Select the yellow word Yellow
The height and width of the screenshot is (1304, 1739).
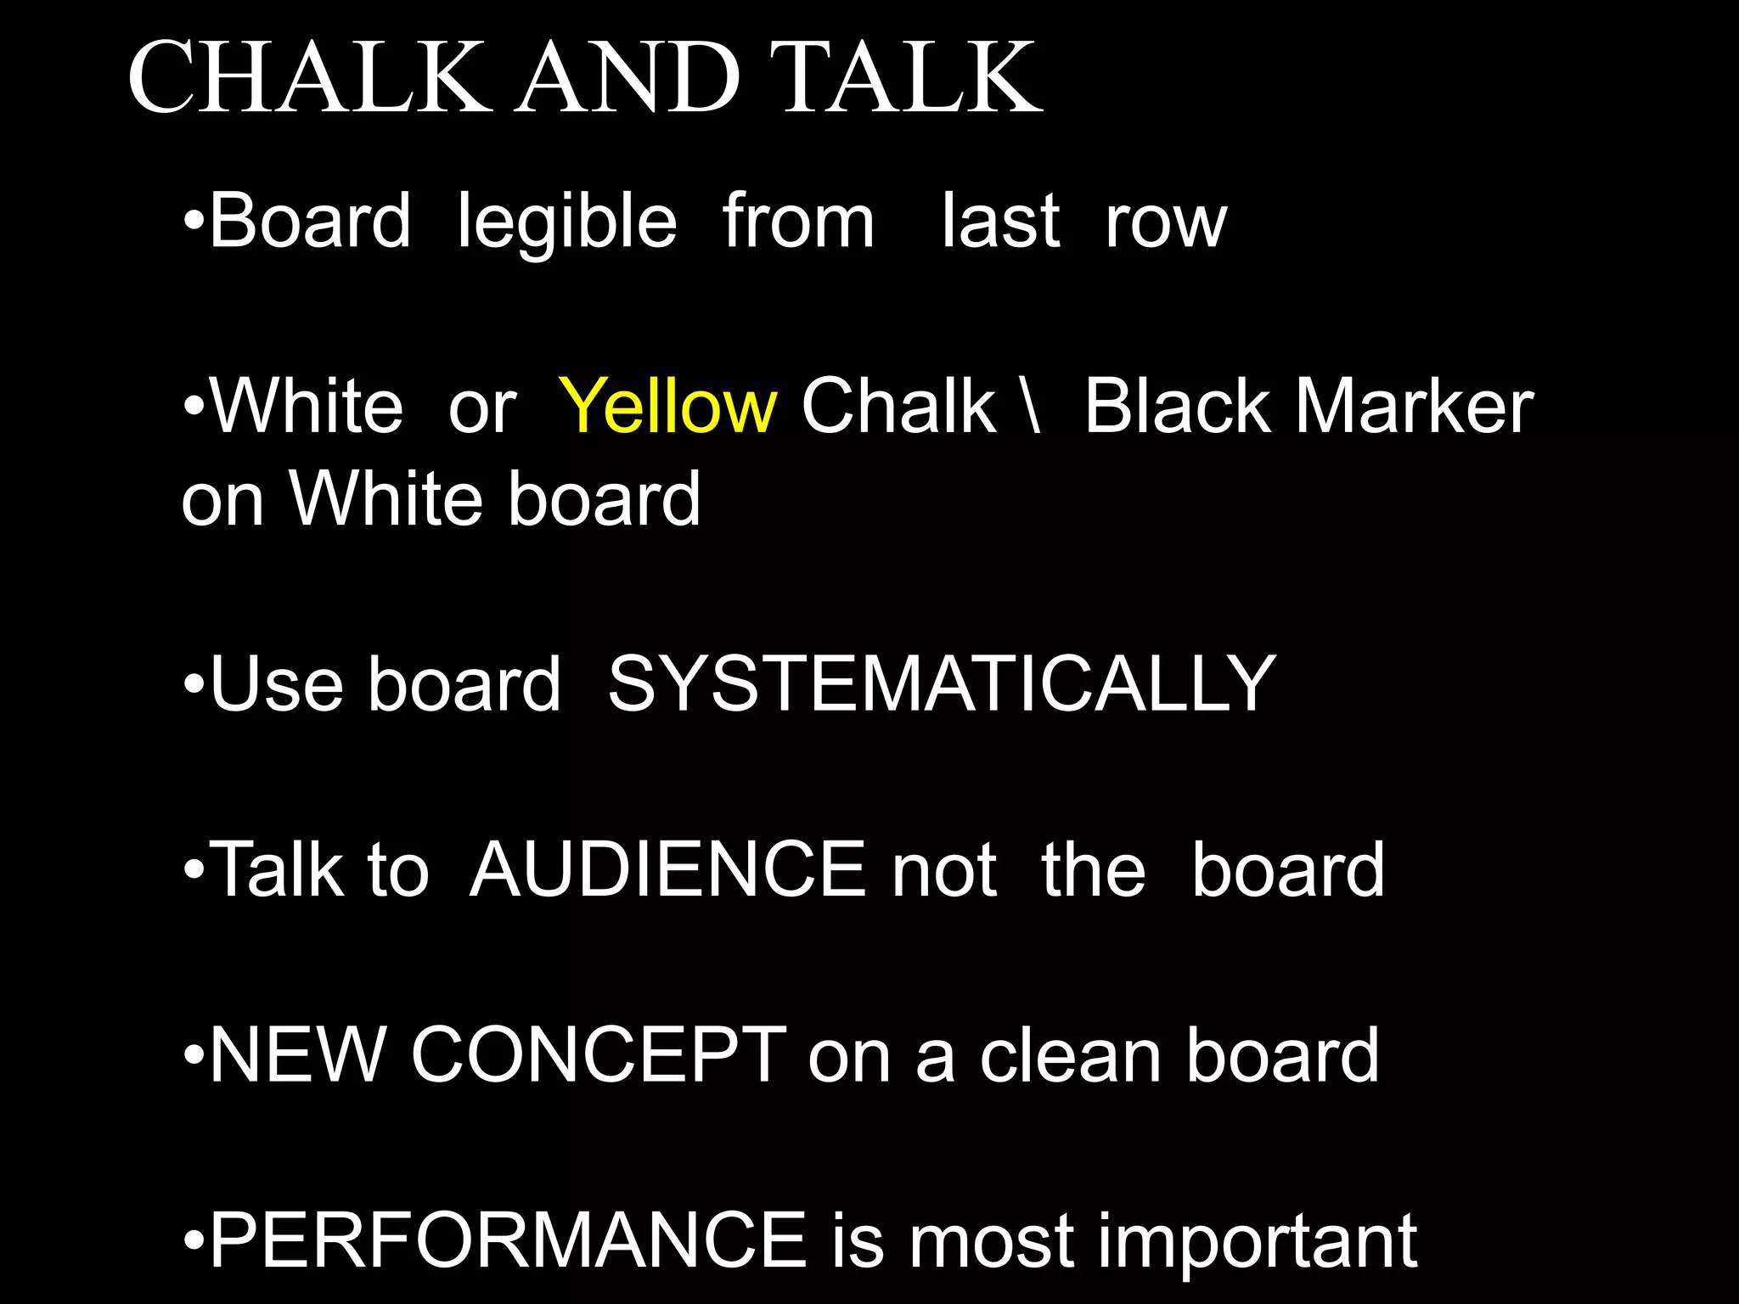tap(667, 406)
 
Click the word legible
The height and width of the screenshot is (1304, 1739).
tap(566, 222)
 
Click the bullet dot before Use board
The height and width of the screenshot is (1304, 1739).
tap(194, 684)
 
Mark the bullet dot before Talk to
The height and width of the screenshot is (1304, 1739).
tap(194, 870)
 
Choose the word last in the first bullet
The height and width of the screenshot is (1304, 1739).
tap(1001, 222)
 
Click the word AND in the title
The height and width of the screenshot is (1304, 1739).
tap(629, 78)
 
